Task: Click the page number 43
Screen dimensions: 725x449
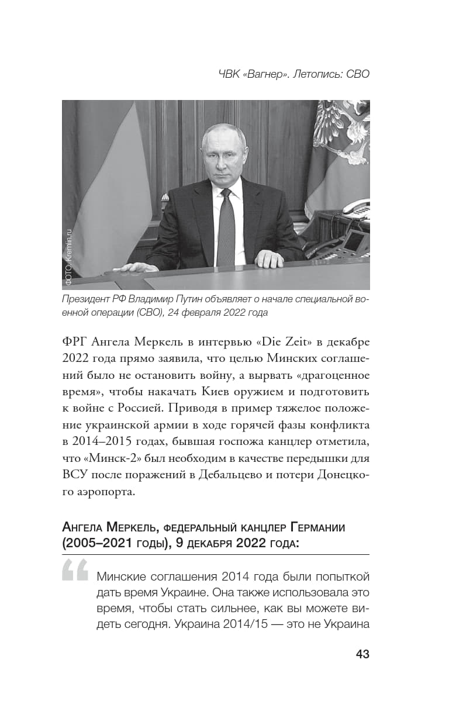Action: point(362,654)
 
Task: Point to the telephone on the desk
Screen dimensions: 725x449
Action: point(355,208)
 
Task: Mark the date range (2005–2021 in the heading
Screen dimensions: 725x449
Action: point(93,543)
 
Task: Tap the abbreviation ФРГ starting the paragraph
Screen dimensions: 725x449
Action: point(74,341)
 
